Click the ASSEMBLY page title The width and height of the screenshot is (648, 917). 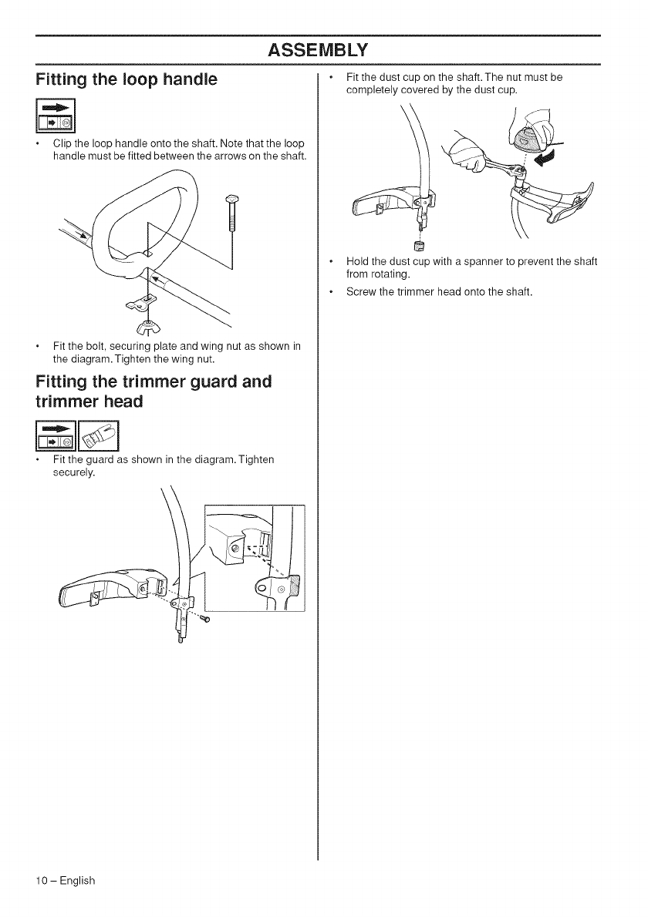tap(318, 50)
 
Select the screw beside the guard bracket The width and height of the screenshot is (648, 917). tap(206, 617)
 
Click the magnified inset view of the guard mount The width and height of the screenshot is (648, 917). tap(255, 556)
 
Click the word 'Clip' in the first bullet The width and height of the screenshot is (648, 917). tap(62, 143)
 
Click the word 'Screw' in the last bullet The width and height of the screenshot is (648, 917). tap(362, 292)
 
